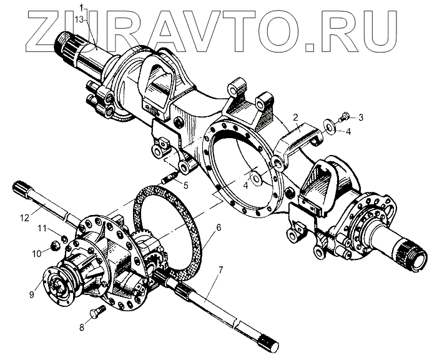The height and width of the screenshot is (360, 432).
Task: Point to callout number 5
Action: coord(186,184)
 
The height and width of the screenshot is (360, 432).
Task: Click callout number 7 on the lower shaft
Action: coord(220,271)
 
